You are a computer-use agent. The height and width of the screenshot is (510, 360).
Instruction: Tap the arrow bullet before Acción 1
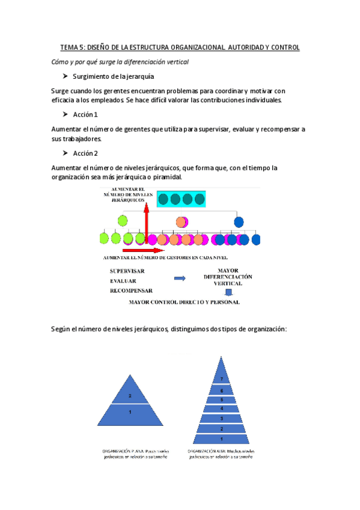coord(65,114)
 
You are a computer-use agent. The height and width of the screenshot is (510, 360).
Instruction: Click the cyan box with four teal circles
coord(181,198)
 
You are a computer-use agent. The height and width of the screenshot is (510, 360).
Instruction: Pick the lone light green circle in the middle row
coord(123,221)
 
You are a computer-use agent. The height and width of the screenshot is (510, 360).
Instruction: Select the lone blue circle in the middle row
coord(239,222)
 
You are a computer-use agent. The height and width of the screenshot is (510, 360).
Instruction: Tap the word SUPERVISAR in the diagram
coord(127,272)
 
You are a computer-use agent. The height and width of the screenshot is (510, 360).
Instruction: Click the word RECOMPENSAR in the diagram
coord(132,290)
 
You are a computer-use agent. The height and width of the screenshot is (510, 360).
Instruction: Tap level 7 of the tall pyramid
coord(221,379)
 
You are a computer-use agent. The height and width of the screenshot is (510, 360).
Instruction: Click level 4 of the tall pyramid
coord(221,409)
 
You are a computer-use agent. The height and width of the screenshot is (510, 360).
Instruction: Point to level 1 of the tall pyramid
coord(221,440)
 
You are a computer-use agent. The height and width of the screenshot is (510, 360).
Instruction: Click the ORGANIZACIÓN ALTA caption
coord(222,453)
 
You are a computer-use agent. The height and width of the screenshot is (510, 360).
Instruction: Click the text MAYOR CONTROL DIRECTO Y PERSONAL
coord(184,303)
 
